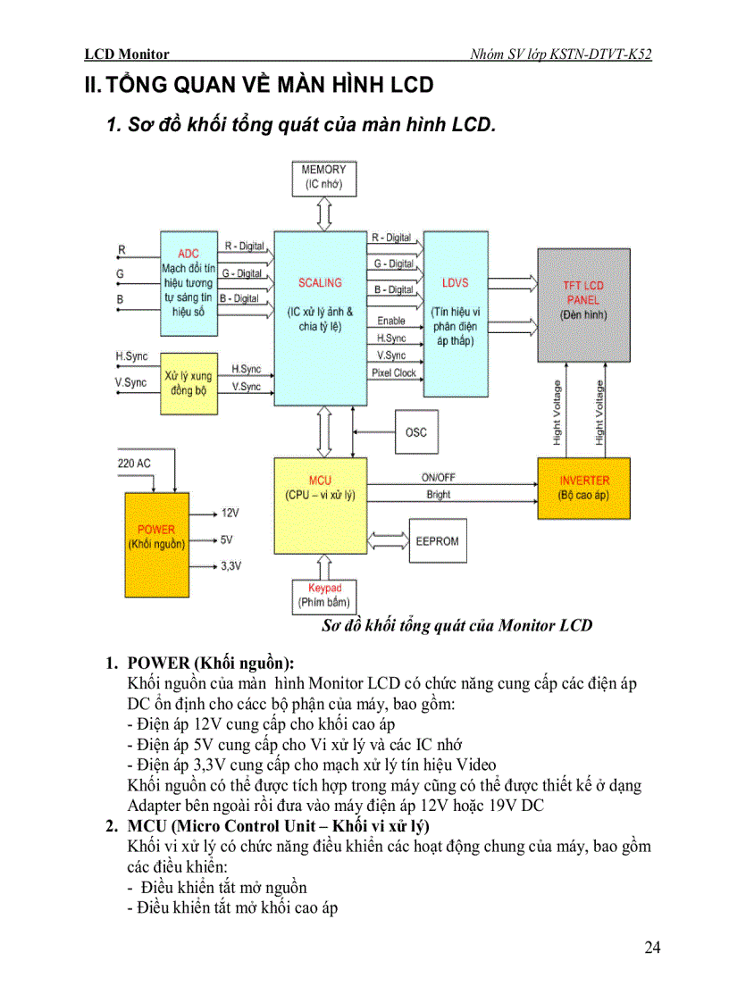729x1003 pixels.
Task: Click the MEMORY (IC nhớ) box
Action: [323, 178]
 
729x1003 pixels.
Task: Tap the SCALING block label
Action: [320, 283]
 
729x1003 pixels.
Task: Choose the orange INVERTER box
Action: [583, 487]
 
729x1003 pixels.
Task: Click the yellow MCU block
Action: [320, 505]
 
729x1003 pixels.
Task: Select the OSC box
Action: [416, 432]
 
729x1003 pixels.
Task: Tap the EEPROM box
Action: [437, 541]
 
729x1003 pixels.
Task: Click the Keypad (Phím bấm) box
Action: [324, 596]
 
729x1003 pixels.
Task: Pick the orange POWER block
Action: [156, 543]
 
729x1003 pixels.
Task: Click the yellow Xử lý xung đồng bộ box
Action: [189, 383]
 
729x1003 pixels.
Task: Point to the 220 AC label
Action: [134, 464]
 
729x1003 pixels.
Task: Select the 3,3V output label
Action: [230, 566]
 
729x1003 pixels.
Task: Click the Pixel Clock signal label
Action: [394, 373]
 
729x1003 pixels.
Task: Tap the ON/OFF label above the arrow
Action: [439, 478]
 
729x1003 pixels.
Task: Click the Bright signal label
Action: [439, 494]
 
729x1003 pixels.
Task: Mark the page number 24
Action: [652, 948]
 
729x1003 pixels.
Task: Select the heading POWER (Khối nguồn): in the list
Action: [211, 663]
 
